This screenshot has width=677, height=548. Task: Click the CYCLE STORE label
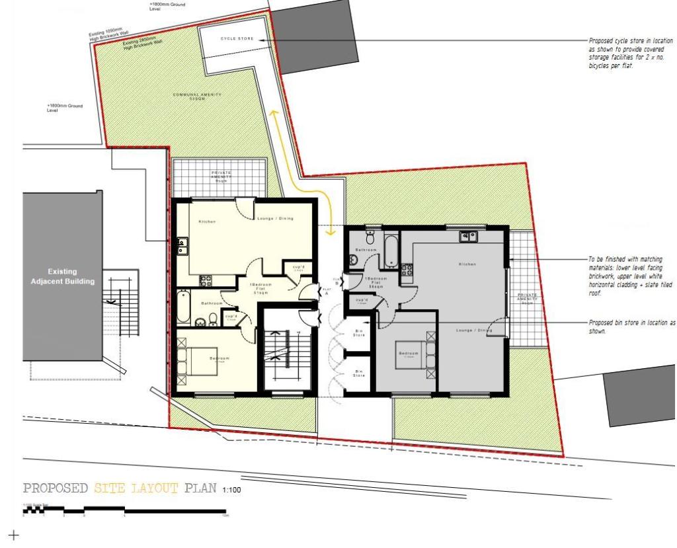[x=237, y=39]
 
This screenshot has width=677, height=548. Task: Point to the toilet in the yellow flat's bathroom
[x=213, y=321]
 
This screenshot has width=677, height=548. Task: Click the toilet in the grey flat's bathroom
[x=370, y=236]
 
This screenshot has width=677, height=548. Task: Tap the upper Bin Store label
[x=359, y=334]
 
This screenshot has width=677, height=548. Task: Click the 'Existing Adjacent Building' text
[x=62, y=276]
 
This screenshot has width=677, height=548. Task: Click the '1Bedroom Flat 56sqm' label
[x=376, y=283]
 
